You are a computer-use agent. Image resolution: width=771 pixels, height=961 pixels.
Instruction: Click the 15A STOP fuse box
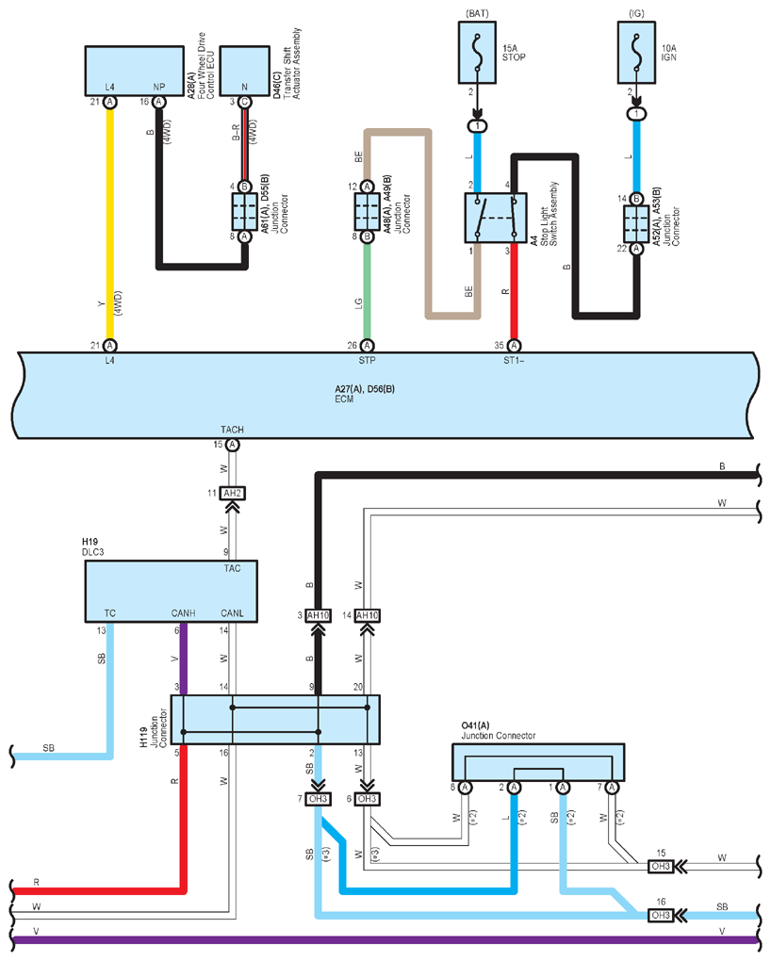click(x=477, y=53)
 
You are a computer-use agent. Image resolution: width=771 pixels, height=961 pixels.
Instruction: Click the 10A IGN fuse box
click(x=636, y=53)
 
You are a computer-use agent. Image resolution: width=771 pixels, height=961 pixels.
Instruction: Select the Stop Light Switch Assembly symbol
click(x=496, y=218)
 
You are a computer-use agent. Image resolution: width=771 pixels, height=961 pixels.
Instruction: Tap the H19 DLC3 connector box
click(x=172, y=592)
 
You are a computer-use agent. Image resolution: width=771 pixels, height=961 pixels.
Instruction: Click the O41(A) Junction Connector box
click(x=538, y=762)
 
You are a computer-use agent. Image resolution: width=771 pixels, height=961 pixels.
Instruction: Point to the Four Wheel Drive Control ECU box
click(x=135, y=71)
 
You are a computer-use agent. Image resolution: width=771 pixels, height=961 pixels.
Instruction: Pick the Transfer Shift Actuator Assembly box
click(x=245, y=71)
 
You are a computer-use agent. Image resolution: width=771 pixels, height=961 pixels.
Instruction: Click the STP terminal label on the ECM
click(x=367, y=360)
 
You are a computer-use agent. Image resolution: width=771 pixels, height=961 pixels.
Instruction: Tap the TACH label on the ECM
click(x=232, y=430)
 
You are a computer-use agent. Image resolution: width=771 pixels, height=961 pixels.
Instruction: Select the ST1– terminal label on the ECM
click(x=514, y=360)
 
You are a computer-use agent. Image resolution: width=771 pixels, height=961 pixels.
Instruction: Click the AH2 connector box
click(x=233, y=493)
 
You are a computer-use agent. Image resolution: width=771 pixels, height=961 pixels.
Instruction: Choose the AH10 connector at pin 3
click(x=318, y=615)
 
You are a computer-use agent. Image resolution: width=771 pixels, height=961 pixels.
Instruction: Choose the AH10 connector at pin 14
click(x=367, y=615)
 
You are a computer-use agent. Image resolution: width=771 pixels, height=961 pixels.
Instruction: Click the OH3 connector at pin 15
click(x=661, y=866)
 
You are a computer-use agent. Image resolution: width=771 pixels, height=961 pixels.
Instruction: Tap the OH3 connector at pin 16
click(x=661, y=915)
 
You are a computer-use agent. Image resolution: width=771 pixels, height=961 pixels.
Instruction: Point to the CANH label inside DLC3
click(x=184, y=613)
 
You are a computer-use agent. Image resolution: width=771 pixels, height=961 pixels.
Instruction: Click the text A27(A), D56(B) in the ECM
click(x=365, y=388)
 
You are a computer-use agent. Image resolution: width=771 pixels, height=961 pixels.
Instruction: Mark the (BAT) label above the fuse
click(x=477, y=13)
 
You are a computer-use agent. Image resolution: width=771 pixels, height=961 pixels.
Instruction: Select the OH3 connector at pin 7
click(x=318, y=799)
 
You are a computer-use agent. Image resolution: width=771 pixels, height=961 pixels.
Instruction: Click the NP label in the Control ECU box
click(x=159, y=87)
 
